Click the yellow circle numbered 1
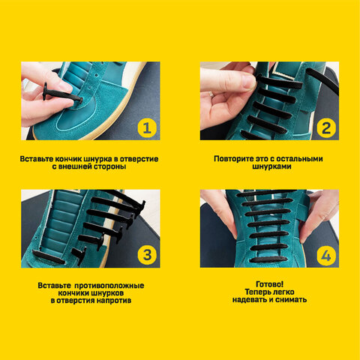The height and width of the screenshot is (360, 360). [x=147, y=128]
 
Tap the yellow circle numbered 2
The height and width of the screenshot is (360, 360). [x=326, y=128]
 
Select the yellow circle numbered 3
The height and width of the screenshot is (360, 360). [x=147, y=255]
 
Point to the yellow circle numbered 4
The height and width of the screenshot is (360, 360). [x=326, y=255]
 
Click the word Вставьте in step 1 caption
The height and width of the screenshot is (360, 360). [x=37, y=159]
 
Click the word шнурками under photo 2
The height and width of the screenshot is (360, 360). [x=271, y=166]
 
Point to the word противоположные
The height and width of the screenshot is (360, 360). [x=109, y=286]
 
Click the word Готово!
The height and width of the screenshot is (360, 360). [x=270, y=284]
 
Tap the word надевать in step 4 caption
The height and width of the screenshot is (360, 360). [x=249, y=299]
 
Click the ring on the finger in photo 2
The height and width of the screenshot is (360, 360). [x=211, y=94]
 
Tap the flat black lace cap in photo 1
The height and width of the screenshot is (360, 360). [x=45, y=91]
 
